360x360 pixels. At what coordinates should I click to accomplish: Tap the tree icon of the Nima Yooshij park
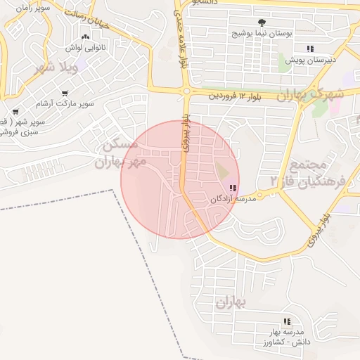(263, 22)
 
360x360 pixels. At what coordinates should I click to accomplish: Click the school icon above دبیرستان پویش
(309, 49)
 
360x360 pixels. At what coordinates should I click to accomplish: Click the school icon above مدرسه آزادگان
(233, 188)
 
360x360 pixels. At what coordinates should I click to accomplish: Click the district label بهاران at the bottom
(231, 302)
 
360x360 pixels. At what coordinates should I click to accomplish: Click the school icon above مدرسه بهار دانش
(286, 322)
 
